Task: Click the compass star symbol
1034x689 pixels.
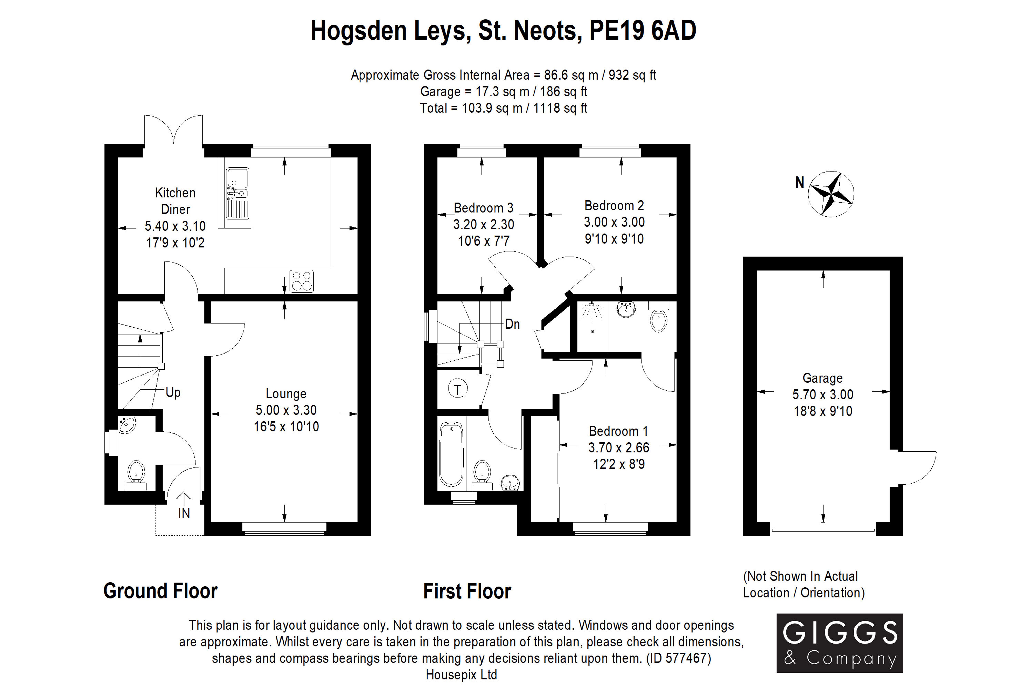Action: point(831,194)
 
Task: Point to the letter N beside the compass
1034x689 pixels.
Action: point(800,182)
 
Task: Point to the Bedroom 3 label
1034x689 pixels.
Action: point(484,208)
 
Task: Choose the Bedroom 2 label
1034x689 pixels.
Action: point(614,206)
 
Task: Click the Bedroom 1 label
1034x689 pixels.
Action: point(619,431)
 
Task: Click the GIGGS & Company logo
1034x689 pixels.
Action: point(840,643)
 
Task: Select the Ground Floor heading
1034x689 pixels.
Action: point(160,591)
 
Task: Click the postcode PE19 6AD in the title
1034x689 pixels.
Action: point(643,30)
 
